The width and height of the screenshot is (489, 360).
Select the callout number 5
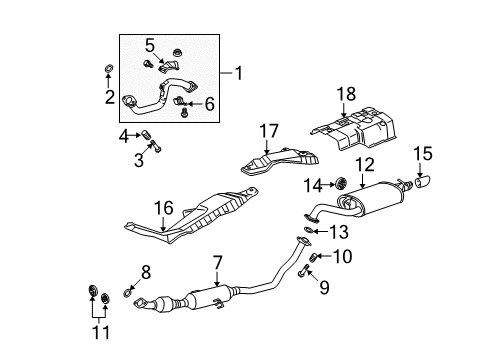click(x=150, y=46)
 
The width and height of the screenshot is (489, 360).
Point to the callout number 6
click(x=210, y=103)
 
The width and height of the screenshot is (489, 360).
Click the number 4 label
click(x=124, y=135)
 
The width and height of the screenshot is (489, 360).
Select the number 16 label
click(x=164, y=207)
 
